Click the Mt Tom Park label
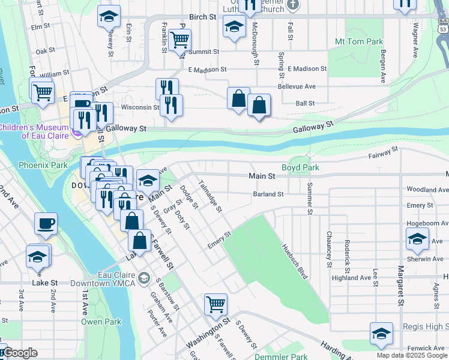359,42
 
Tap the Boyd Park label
301,167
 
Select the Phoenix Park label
43,165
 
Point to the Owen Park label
102,322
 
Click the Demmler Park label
282,356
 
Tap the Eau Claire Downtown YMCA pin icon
144,278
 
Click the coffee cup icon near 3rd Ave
46,224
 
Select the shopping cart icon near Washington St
215,304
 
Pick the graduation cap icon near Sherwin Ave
417,239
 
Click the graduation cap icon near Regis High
381,334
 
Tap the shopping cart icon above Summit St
179,40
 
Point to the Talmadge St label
210,196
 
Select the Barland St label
268,194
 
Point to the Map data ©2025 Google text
412,355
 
